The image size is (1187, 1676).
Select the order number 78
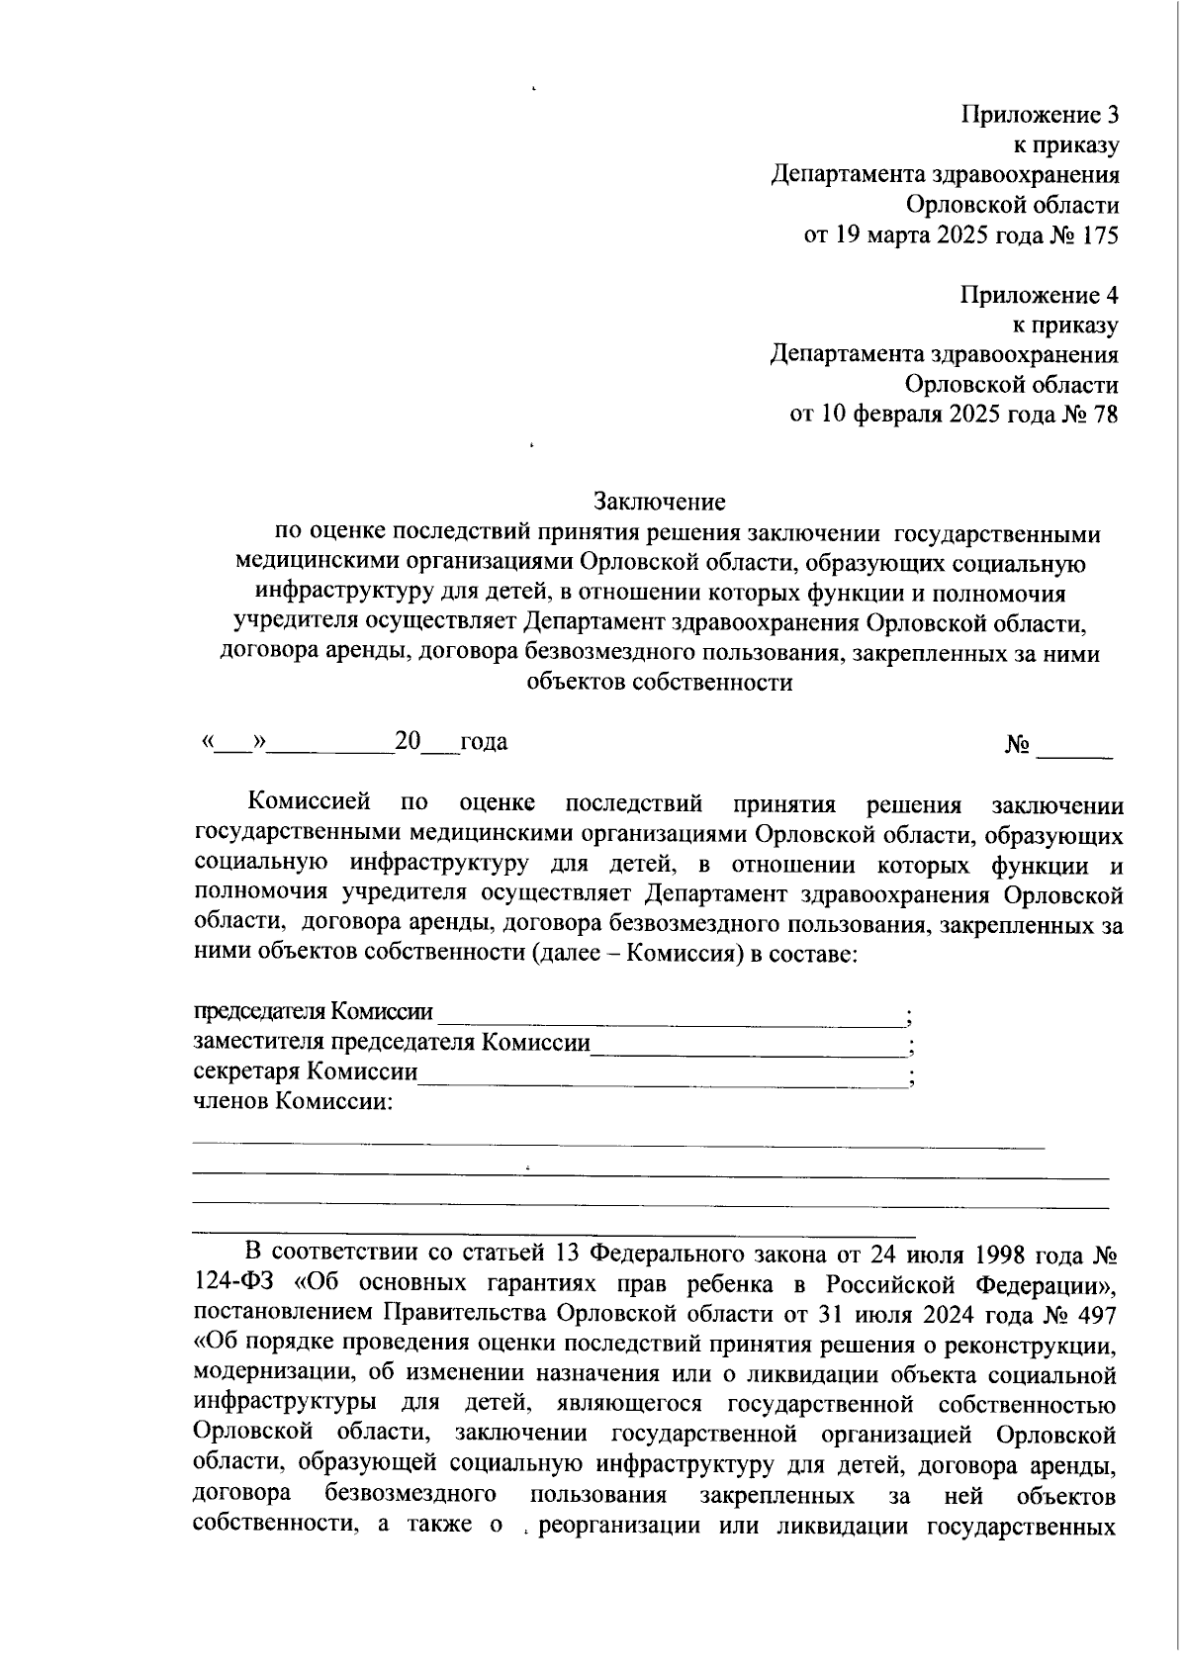[1106, 415]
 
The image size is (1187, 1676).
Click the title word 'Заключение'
[660, 503]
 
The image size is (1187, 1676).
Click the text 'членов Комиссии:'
[293, 1102]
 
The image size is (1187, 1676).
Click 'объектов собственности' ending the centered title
[660, 683]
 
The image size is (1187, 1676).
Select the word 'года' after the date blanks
[484, 742]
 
